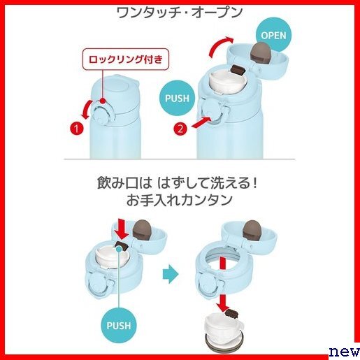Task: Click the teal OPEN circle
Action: pos(273,35)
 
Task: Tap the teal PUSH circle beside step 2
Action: pos(177,98)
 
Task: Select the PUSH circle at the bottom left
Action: pos(119,326)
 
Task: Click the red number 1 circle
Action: pos(77,129)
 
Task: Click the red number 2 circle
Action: pos(180,129)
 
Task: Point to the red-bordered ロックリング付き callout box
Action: pos(126,59)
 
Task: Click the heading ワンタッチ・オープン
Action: pos(180,13)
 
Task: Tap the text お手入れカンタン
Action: pos(180,200)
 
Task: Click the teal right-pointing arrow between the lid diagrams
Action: pos(171,274)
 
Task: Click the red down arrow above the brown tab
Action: pos(122,229)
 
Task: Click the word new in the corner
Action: pos(345,351)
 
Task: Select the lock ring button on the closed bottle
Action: pos(101,114)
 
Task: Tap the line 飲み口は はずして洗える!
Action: pos(178,183)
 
